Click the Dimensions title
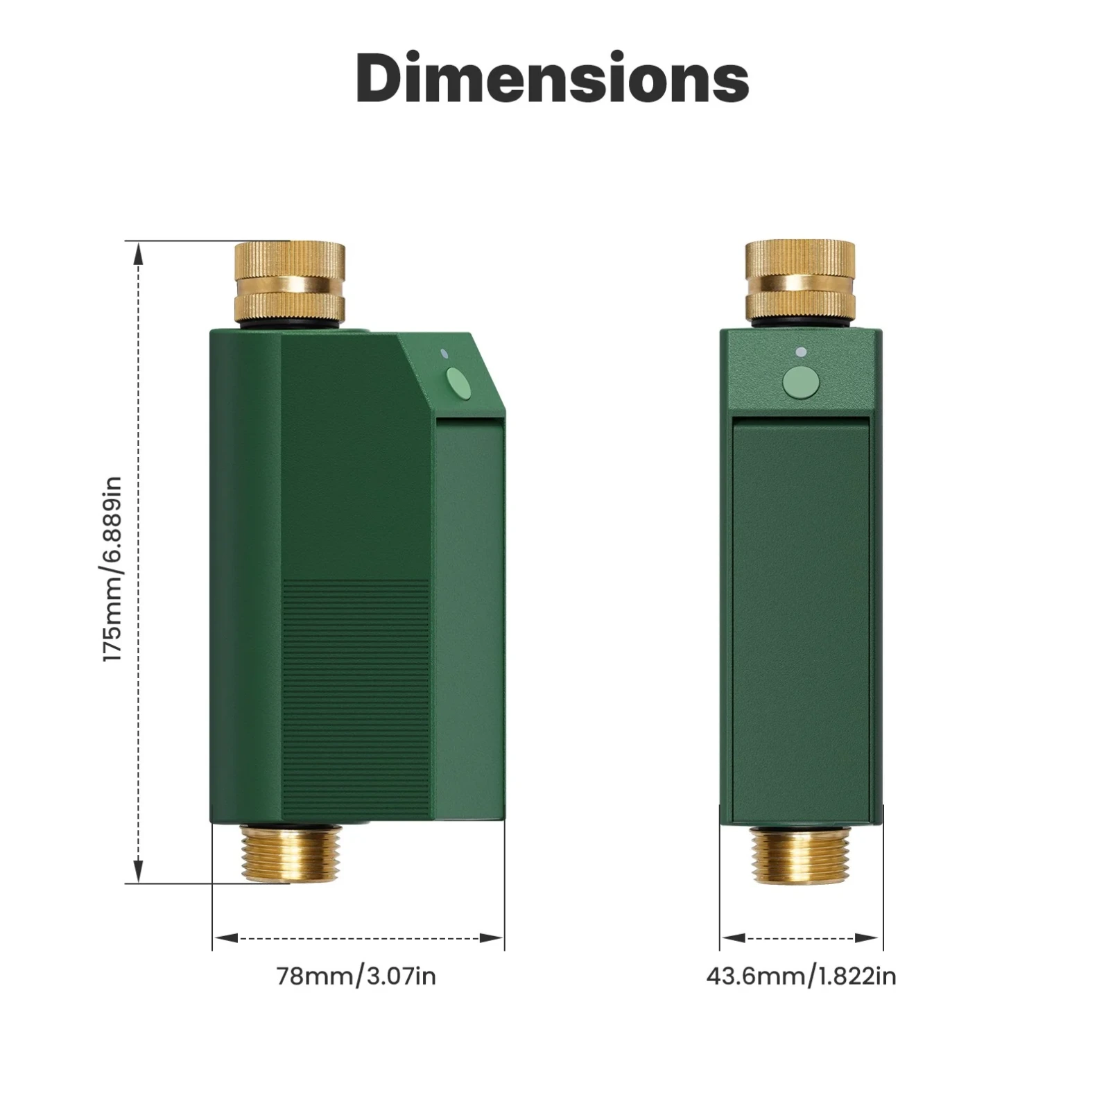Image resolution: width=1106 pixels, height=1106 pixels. point(553,78)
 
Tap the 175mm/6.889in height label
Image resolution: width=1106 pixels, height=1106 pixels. point(112,569)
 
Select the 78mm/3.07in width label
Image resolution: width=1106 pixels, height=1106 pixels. point(356,976)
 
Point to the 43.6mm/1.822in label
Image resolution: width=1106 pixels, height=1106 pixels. point(801,976)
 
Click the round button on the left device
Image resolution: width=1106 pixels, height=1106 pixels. point(458,382)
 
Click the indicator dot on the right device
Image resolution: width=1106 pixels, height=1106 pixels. point(801,352)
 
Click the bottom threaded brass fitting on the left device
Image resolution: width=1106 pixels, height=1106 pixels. point(291,852)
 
